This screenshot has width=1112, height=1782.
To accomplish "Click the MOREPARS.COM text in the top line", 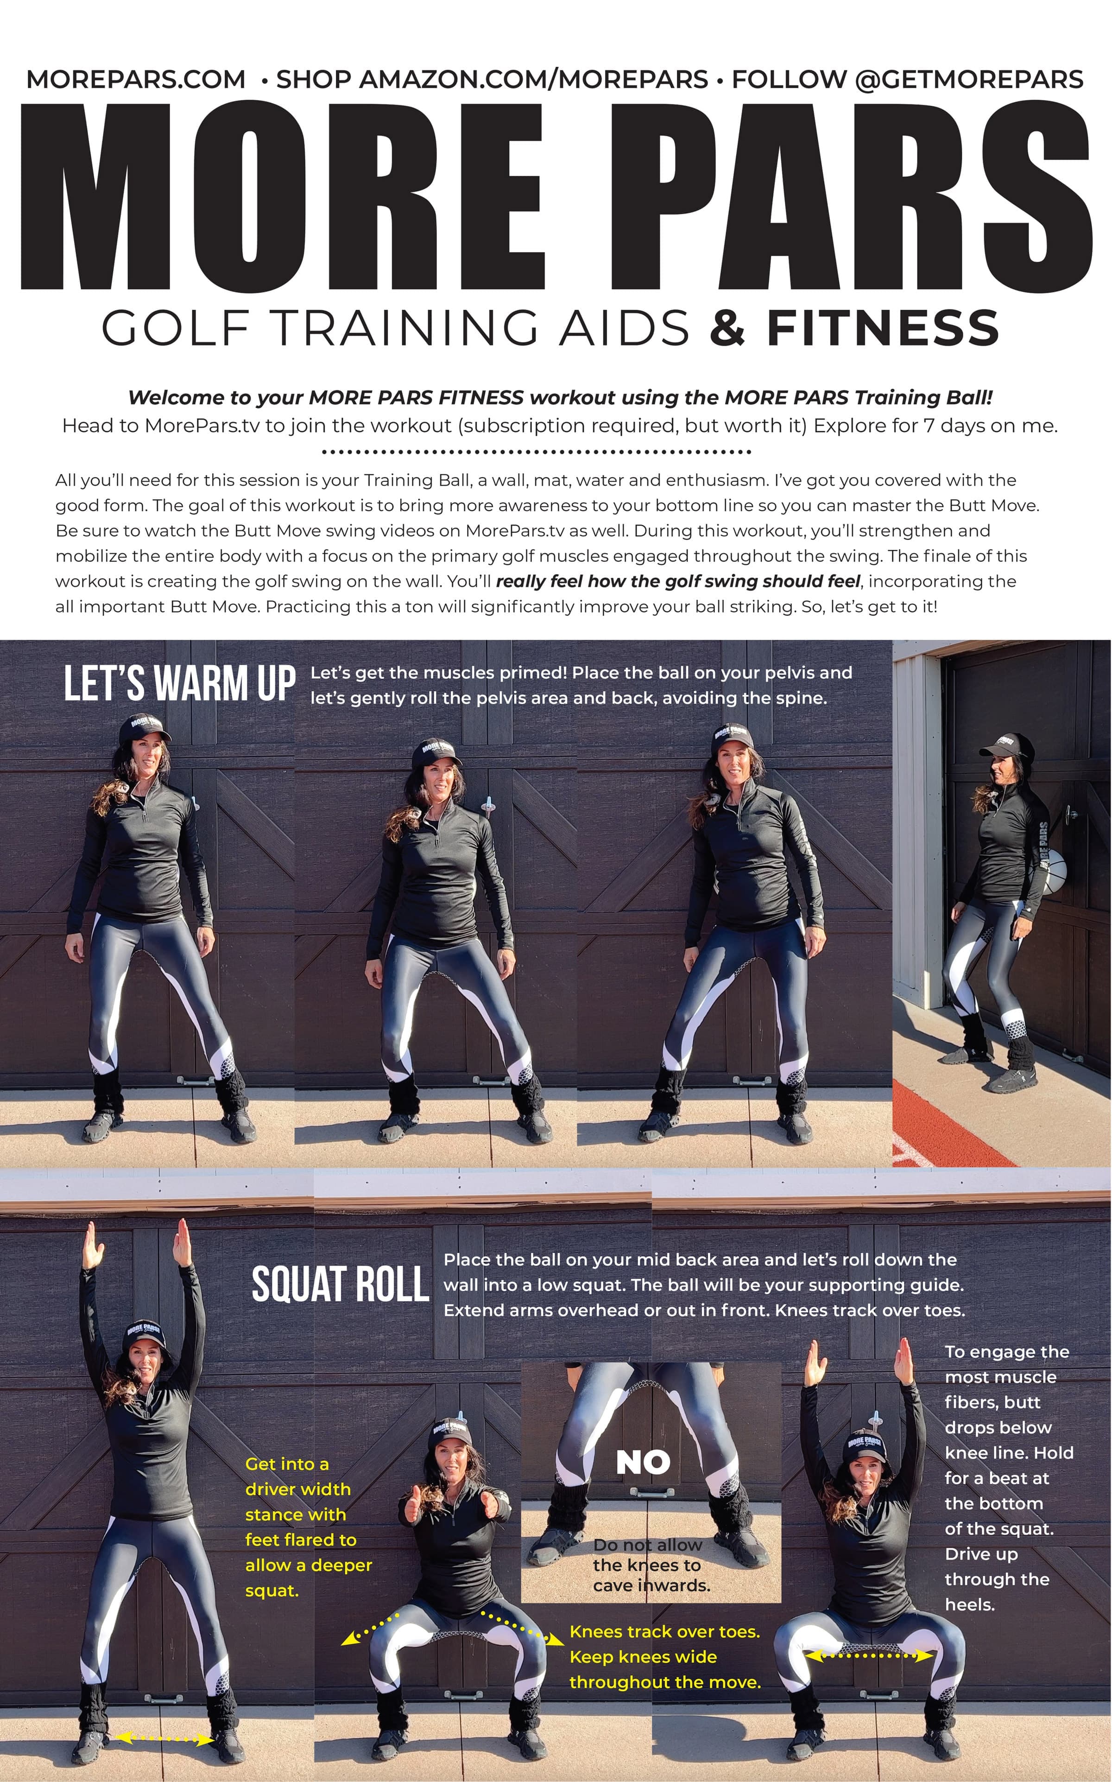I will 136,79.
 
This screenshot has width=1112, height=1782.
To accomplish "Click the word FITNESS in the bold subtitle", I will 883,328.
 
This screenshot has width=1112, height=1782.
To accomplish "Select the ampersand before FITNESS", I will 728,328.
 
